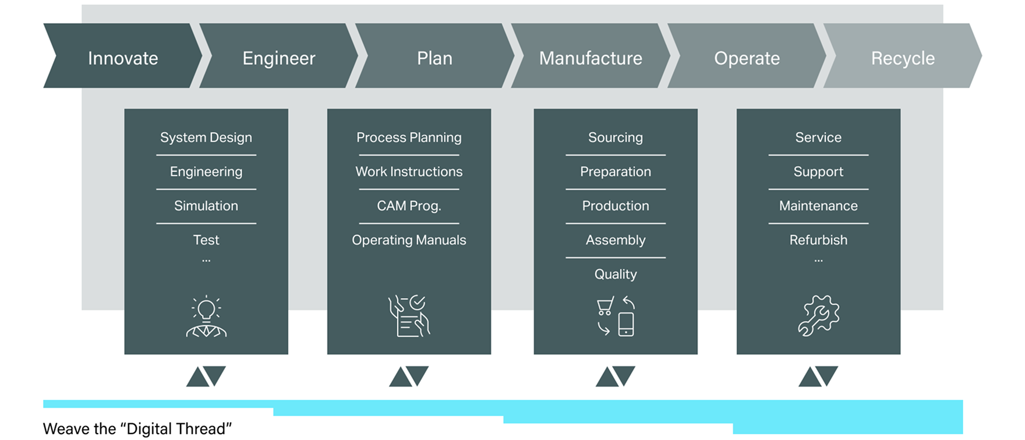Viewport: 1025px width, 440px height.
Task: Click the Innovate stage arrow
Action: point(123,56)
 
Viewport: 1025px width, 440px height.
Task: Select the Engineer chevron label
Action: point(279,58)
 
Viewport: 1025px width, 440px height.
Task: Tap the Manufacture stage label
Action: point(591,58)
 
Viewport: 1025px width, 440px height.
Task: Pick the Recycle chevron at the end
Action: point(903,56)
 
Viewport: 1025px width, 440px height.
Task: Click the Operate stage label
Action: point(747,58)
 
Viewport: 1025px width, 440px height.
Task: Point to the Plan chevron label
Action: point(434,58)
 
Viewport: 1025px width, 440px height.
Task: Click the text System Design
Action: point(206,138)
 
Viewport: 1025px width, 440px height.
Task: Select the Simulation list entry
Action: point(206,206)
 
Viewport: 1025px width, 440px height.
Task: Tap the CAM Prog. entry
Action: point(409,206)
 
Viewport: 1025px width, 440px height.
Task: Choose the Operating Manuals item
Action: point(409,240)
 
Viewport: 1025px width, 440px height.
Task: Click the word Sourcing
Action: point(616,138)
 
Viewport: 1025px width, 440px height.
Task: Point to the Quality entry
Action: point(616,274)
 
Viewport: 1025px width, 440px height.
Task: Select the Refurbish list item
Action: point(818,240)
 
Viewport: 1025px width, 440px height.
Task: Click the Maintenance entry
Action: point(818,206)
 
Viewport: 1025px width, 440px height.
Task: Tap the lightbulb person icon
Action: point(206,316)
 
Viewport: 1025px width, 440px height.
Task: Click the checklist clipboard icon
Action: point(409,316)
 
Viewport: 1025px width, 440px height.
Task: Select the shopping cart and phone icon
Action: point(616,316)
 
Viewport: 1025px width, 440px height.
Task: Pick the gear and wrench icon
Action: point(818,315)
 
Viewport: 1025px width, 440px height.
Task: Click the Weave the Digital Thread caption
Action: point(137,429)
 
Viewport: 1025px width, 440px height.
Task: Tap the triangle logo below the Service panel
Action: point(818,376)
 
